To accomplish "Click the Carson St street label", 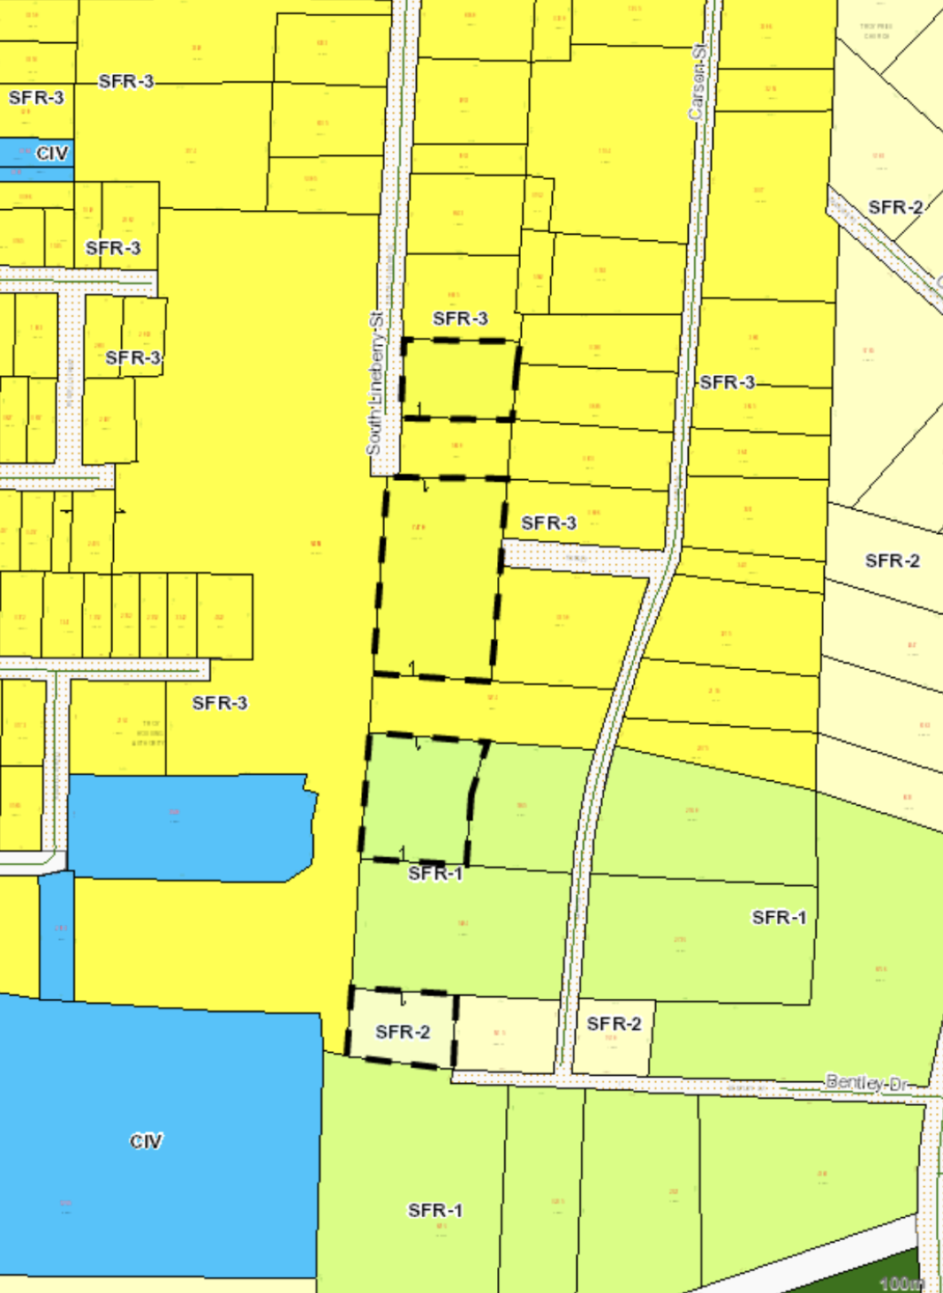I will tap(698, 80).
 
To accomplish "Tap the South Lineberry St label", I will tap(375, 381).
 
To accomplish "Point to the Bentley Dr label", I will tap(866, 1082).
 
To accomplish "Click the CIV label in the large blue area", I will tap(146, 1141).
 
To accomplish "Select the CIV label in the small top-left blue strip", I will tap(52, 154).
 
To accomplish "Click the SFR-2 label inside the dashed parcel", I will tap(403, 1032).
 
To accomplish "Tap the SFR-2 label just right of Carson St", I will tap(614, 1024).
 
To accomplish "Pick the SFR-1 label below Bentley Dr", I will tap(434, 1210).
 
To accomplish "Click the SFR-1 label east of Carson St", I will tap(779, 917).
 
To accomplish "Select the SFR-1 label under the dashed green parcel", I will tap(435, 874).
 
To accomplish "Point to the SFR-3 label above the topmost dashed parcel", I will tap(460, 319).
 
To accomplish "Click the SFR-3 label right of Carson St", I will tap(728, 382).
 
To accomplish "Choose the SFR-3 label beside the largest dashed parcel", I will tap(548, 523).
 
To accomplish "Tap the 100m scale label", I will tap(902, 1283).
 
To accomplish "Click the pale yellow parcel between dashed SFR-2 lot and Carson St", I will tap(507, 1034).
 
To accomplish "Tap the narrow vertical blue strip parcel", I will tap(57, 936).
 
